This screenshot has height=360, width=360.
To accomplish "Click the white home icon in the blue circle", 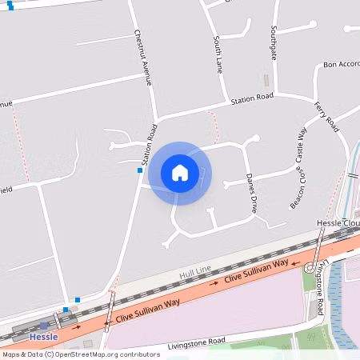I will (180, 173).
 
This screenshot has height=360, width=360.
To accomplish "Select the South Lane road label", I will (218, 54).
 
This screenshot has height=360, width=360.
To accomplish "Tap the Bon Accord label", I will (341, 65).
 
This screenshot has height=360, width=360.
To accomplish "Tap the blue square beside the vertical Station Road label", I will (140, 170).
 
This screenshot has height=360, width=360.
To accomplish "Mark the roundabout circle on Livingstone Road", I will (309, 266).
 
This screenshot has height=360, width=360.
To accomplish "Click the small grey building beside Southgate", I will (266, 81).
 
